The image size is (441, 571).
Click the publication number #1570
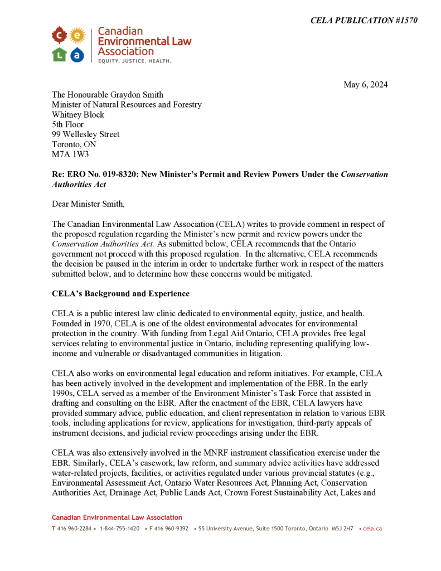pos(400,21)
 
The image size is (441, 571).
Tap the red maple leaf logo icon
pos(59,36)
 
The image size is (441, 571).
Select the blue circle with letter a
pos(77,55)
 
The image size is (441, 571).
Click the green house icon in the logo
pos(59,55)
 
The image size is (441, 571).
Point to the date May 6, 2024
pos(365,85)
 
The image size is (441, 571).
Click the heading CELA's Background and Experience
pos(120,294)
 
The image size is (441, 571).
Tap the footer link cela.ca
pos(372,529)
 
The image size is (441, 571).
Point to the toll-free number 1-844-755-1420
pos(119,529)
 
